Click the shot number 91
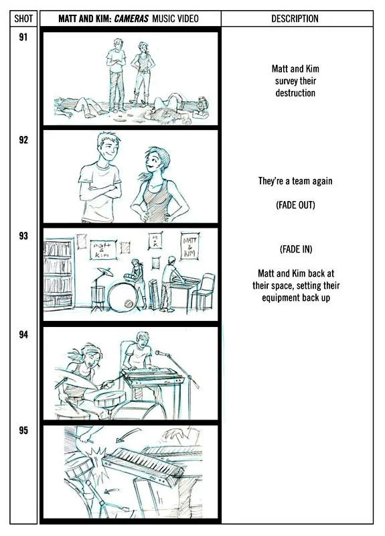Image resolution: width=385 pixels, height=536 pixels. tap(23, 37)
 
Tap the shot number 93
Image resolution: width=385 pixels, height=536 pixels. tap(23, 236)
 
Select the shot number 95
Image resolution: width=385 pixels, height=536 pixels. tap(23, 430)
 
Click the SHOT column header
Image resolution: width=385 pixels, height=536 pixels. tap(23, 19)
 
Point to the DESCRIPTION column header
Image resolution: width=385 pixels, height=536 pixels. tap(295, 19)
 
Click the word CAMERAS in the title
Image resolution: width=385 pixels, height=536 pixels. tap(131, 19)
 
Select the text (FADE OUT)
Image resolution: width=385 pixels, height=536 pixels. tap(295, 205)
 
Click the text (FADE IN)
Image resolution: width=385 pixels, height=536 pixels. tap(296, 249)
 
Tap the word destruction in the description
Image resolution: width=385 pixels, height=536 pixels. tap(295, 93)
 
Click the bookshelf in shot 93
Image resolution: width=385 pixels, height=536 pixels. tap(59, 274)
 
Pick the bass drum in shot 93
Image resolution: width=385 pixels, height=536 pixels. tap(123, 297)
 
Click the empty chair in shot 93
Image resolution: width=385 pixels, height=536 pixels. tap(203, 291)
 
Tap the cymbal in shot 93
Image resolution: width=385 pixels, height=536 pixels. tap(104, 271)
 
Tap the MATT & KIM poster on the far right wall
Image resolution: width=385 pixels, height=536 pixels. tap(189, 246)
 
